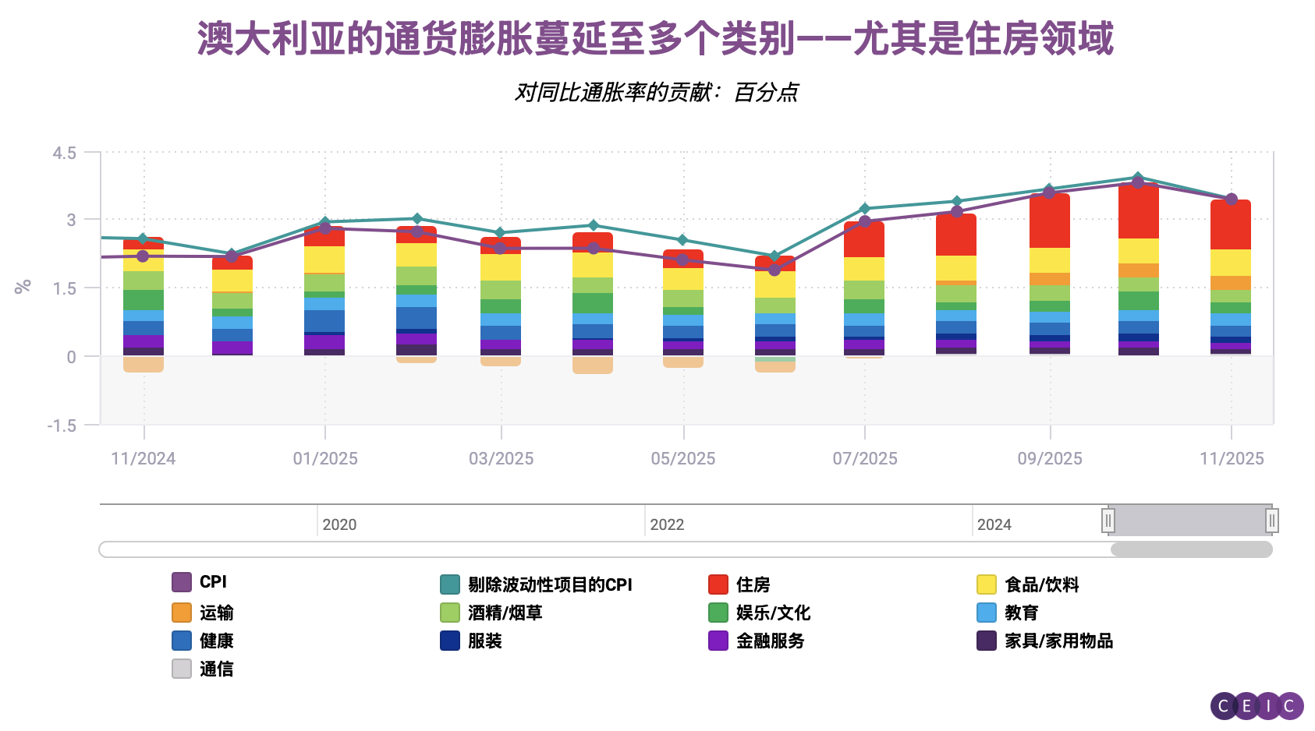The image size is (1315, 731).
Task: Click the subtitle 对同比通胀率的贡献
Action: tap(655, 92)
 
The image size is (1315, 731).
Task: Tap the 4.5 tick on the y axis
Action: tap(64, 153)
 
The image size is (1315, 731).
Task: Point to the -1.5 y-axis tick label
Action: tap(62, 426)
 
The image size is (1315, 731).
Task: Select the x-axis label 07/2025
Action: tap(864, 458)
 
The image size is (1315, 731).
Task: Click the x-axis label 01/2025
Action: tap(325, 458)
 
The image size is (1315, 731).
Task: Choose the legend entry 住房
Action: tap(752, 584)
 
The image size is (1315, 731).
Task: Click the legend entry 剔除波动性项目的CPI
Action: tap(549, 584)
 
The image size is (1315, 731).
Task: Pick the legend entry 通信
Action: tap(215, 669)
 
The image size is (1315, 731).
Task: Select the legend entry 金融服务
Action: tap(769, 641)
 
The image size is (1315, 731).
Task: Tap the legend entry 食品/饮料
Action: tap(1040, 584)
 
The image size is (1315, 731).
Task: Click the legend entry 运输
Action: tap(215, 613)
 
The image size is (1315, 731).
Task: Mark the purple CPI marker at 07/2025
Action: tap(864, 221)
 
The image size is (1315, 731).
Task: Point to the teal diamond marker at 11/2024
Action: tap(143, 239)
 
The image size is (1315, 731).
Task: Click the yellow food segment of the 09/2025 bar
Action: tap(1049, 260)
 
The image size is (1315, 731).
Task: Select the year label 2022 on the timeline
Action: tap(667, 524)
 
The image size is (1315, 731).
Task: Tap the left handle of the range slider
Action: tap(1108, 520)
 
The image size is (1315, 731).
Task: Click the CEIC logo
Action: tap(1257, 706)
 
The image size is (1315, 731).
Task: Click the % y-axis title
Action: tap(23, 287)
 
